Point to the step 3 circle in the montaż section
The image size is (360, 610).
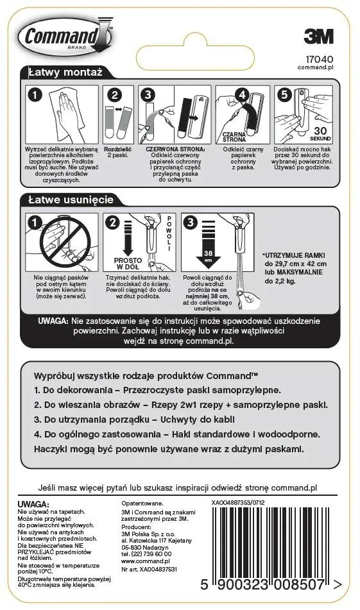(148, 94)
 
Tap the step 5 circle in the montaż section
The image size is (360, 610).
(282, 94)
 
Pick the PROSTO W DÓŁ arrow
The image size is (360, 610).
(128, 251)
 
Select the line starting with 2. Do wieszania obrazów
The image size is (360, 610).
(180, 405)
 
